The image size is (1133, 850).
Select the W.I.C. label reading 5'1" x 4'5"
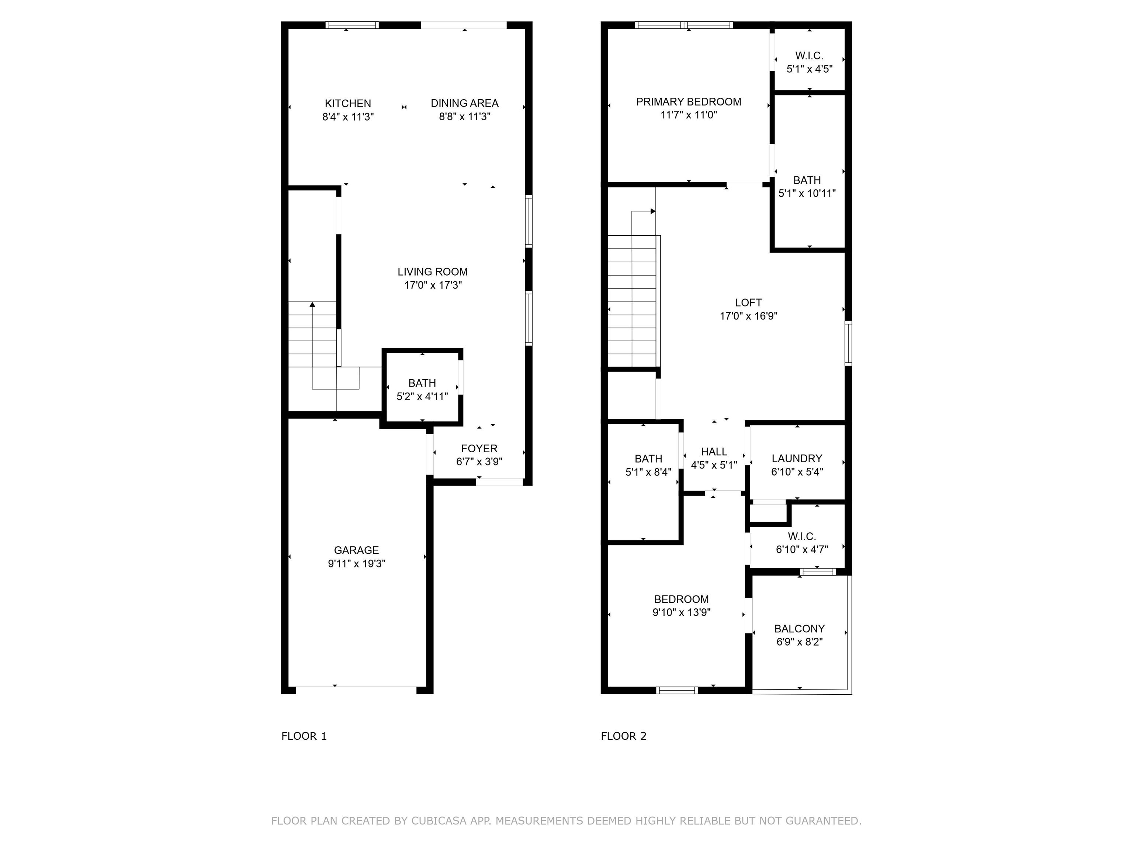coord(809,62)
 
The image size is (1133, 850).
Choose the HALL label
coord(714,452)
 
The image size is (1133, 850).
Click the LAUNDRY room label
coord(797,459)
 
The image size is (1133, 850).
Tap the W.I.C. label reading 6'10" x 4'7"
coord(801,543)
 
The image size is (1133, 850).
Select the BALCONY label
coord(799,629)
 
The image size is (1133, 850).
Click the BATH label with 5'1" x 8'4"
coord(648,465)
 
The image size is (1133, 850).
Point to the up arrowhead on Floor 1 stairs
coord(312,305)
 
